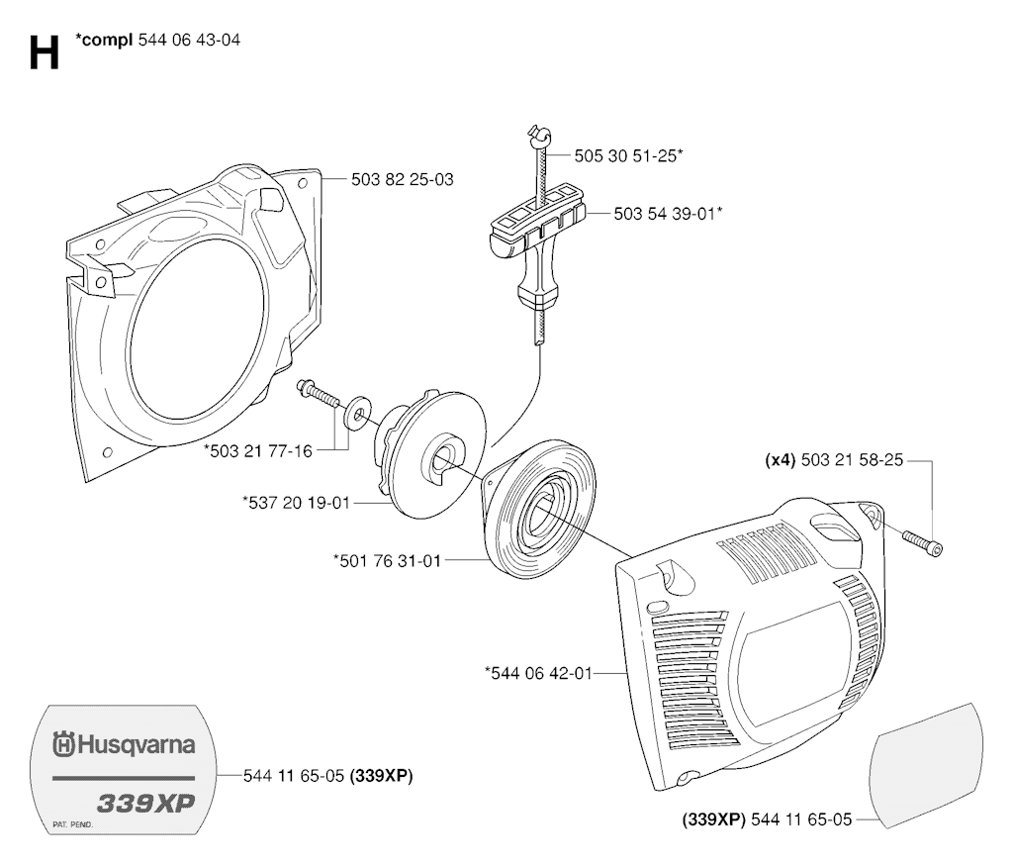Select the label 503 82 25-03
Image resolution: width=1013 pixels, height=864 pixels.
tap(403, 179)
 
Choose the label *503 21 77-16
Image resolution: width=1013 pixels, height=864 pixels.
tap(258, 451)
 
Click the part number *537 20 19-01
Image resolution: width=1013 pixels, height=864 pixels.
tap(296, 503)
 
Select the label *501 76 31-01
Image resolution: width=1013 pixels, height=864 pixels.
tap(388, 560)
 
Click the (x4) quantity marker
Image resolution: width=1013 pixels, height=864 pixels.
tap(780, 460)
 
